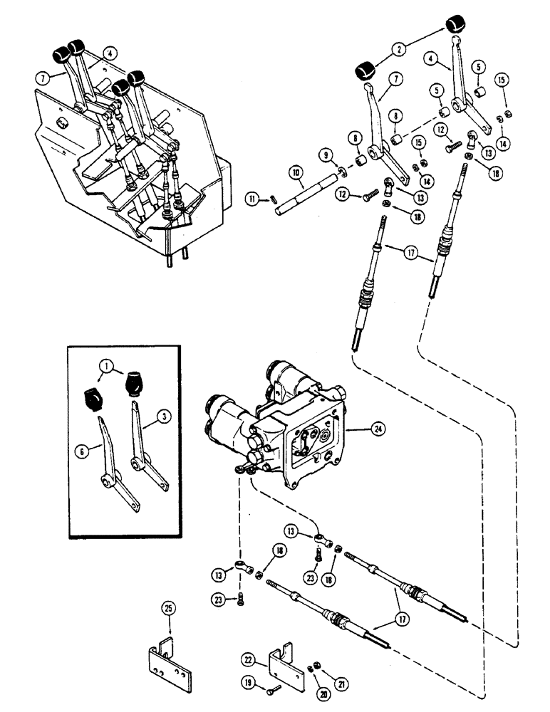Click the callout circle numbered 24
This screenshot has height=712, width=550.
click(x=375, y=429)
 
